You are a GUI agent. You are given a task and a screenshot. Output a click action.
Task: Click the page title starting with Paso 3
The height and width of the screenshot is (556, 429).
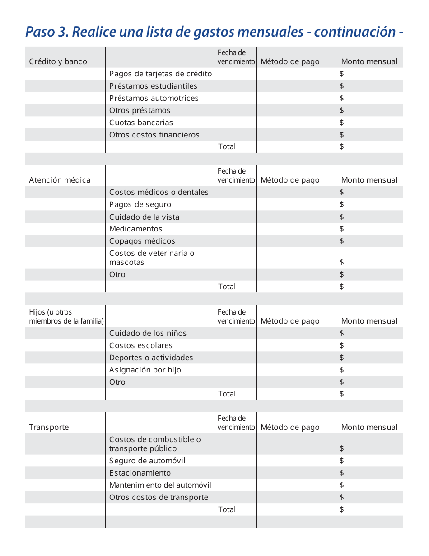point(214,32)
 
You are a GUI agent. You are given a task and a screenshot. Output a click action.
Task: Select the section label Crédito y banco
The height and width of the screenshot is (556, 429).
point(58,61)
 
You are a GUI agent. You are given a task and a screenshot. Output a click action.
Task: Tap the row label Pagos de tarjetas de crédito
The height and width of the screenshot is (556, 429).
point(160,74)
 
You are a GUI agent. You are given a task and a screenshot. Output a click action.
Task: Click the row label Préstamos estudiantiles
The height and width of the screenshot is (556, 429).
point(153,86)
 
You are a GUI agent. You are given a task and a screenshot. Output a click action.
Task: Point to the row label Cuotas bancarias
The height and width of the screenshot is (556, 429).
point(141,123)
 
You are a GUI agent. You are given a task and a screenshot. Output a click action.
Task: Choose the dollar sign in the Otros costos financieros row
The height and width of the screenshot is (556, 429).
point(342,135)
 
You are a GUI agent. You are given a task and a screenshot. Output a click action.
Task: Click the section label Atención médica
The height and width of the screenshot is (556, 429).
point(60,180)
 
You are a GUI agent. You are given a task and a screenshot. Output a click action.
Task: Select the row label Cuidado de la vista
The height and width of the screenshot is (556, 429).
point(144,217)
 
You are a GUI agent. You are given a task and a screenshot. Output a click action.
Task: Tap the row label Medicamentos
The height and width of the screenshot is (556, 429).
point(135,229)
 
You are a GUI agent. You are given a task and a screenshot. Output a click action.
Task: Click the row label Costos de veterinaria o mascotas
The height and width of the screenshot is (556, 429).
point(151,258)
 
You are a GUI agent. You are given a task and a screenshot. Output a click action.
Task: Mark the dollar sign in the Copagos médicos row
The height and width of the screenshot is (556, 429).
point(342,241)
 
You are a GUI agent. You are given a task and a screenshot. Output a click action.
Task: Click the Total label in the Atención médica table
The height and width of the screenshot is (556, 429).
point(227,287)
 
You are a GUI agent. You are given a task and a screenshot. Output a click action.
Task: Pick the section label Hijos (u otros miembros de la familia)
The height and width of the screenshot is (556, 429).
point(66,316)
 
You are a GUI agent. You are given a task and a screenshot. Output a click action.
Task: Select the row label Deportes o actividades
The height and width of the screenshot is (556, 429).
point(151,358)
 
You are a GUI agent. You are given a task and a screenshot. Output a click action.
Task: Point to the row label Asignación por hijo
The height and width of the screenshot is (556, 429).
point(145,370)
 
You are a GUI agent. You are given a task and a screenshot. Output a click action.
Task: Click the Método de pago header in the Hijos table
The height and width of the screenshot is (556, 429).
point(290,321)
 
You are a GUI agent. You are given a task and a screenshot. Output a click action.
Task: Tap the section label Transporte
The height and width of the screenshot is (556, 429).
point(49,427)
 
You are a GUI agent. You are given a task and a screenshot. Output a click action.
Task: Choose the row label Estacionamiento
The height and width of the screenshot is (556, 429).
point(140,473)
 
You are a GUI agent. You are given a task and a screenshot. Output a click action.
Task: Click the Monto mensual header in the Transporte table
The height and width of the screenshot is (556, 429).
point(369,427)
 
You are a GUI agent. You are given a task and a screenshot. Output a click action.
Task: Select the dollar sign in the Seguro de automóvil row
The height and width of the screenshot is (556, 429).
point(342,461)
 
